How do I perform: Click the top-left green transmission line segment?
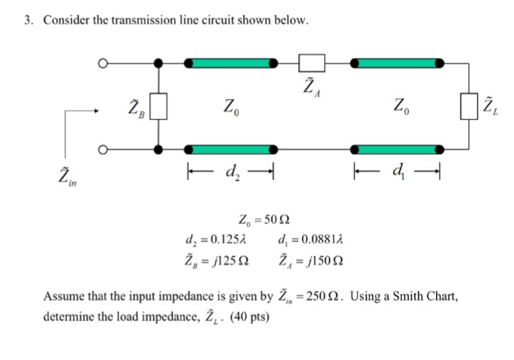pyautogui.click(x=231, y=64)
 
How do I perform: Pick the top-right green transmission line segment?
pyautogui.click(x=399, y=64)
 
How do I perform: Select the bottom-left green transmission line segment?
pyautogui.click(x=231, y=149)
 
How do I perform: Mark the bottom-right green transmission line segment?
pyautogui.click(x=399, y=149)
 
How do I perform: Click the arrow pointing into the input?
pyautogui.click(x=82, y=112)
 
